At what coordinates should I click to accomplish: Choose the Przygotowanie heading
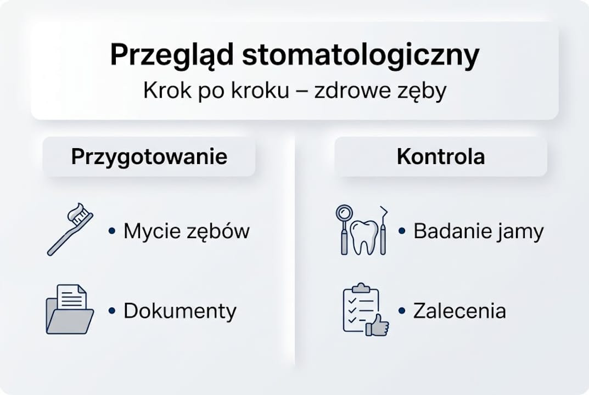pyautogui.click(x=149, y=157)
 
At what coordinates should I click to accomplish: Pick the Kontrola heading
pyautogui.click(x=440, y=157)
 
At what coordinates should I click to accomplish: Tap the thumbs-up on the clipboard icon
pyautogui.click(x=378, y=326)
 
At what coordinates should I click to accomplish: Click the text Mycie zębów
pyautogui.click(x=186, y=232)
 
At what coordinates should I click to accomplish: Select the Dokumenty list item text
pyautogui.click(x=179, y=311)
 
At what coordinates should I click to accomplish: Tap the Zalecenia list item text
pyautogui.click(x=459, y=311)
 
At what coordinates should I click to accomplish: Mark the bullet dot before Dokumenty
pyautogui.click(x=112, y=311)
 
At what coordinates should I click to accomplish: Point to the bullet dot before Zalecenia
pyautogui.click(x=402, y=311)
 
